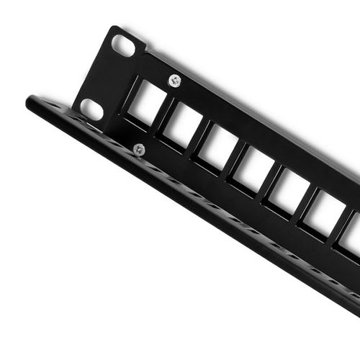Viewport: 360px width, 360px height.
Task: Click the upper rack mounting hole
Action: point(123,46)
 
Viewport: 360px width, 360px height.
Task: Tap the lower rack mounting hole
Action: point(91,109)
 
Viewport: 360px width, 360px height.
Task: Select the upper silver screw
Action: point(174,81)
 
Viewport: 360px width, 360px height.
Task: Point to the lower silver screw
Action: point(139,150)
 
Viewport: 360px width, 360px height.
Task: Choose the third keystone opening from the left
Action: point(218,148)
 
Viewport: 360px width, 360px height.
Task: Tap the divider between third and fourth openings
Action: point(235,159)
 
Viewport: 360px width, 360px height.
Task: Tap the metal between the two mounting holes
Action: point(107,78)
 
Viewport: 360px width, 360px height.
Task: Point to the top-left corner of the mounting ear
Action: point(112,29)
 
